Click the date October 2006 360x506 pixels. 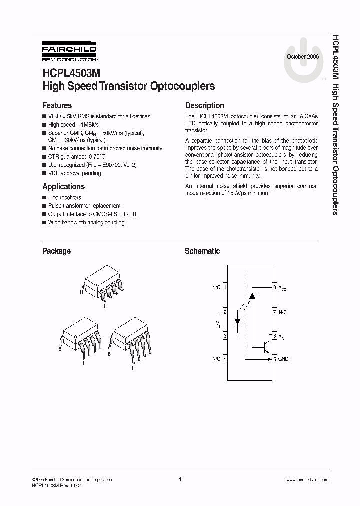pos(303,57)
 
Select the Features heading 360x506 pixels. pos(57,106)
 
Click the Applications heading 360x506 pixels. pos(63,187)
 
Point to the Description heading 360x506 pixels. pos(204,106)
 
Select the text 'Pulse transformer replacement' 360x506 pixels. pos(84,206)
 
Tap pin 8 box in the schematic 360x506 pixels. pos(274,287)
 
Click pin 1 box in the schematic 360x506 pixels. pos(225,287)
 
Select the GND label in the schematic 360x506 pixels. pos(283,359)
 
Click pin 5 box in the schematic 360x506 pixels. pos(274,359)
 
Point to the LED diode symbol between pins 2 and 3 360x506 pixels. pos(238,321)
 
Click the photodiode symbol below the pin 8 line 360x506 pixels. pos(253,296)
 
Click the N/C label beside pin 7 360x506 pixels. pos(283,312)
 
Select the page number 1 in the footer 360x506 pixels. pos(180,479)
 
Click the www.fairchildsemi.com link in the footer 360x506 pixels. pos(307,480)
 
